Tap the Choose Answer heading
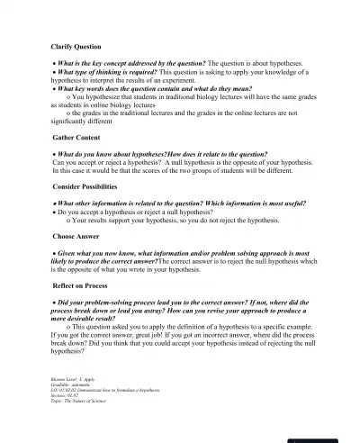coord(76,235)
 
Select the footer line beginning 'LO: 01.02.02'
coord(99,390)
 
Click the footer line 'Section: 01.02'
coord(67,394)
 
